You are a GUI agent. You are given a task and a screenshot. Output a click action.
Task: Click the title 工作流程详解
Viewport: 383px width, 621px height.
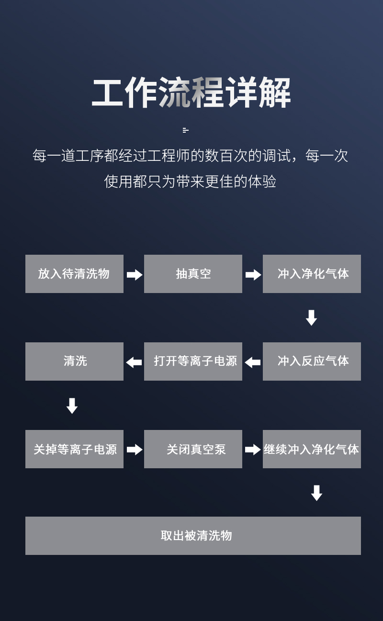(191, 92)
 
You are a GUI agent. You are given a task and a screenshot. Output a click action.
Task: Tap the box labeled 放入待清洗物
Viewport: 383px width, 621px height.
(74, 273)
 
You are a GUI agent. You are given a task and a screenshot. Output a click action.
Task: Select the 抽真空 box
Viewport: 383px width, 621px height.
(193, 273)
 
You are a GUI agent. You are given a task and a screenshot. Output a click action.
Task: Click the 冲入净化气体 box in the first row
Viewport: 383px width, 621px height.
(312, 273)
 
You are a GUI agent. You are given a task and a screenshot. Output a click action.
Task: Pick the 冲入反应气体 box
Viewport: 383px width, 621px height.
(312, 361)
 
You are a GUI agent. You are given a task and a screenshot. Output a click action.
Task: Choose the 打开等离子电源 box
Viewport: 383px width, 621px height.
(193, 361)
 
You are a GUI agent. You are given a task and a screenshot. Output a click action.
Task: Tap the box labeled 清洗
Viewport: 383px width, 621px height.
(74, 361)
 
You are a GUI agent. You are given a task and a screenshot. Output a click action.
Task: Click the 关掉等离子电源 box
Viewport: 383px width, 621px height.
(74, 449)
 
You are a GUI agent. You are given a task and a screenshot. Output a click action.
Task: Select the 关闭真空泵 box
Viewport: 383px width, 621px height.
(193, 449)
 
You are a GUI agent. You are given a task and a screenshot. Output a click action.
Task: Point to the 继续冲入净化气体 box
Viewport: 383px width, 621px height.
(312, 449)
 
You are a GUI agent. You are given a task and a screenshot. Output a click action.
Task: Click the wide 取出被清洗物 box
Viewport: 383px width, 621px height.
(193, 535)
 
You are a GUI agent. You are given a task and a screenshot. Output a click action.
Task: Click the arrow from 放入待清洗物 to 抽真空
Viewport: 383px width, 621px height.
(135, 275)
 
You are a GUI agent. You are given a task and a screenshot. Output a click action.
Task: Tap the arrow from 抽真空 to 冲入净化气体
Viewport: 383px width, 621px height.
(253, 275)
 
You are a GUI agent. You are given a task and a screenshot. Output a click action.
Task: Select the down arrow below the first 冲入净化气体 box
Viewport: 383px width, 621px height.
(312, 318)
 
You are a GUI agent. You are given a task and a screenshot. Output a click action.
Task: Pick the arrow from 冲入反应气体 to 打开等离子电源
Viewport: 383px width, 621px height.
(253, 362)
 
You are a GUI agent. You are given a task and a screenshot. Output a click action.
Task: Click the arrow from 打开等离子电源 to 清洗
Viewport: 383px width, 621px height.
(134, 362)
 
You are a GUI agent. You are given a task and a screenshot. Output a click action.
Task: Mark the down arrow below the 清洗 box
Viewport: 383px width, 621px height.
(72, 406)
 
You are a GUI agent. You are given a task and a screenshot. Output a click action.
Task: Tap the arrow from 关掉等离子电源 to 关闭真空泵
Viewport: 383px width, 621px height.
(135, 450)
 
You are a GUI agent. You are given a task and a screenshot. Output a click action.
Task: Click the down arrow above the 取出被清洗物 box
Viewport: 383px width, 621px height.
(316, 493)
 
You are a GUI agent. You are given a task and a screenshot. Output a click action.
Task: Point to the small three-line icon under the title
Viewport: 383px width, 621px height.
(186, 130)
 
